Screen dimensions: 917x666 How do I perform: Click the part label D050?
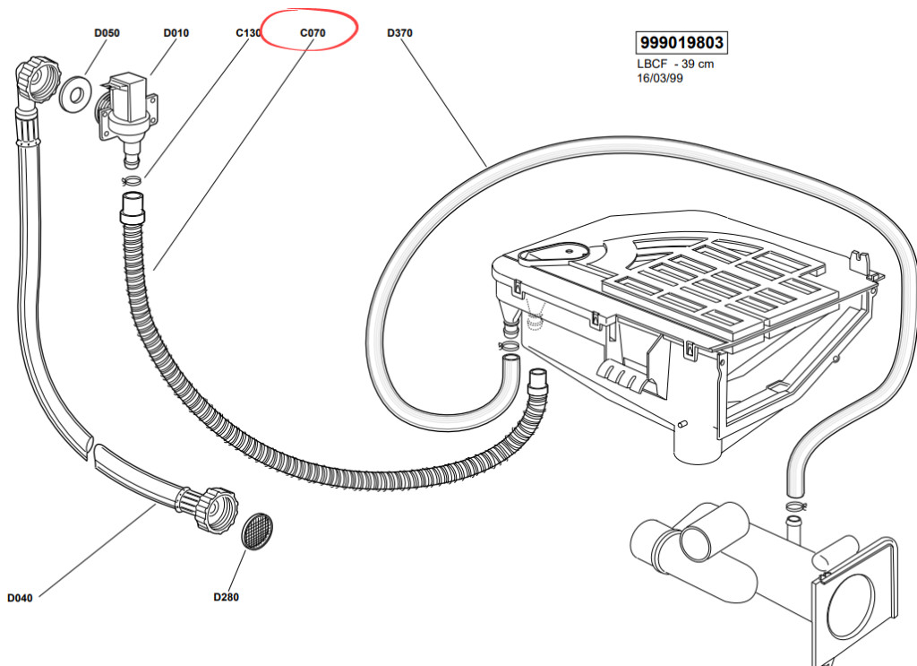click(x=107, y=33)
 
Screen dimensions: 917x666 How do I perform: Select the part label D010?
click(x=176, y=33)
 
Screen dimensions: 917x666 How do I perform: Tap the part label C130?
click(x=248, y=33)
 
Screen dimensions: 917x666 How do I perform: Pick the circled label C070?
click(x=313, y=33)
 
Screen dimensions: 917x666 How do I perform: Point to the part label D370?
click(x=400, y=33)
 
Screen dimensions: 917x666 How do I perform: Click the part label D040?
click(x=20, y=598)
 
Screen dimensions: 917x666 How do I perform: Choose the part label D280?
click(x=227, y=597)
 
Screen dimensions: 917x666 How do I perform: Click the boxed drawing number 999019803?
click(x=681, y=43)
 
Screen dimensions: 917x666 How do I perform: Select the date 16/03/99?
click(x=660, y=78)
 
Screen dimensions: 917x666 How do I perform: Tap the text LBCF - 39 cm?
click(x=675, y=64)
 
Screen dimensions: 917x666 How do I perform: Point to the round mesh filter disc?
click(x=257, y=532)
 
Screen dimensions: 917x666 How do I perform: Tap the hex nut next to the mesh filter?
click(x=213, y=508)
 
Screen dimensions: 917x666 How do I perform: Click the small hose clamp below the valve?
click(x=132, y=179)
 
